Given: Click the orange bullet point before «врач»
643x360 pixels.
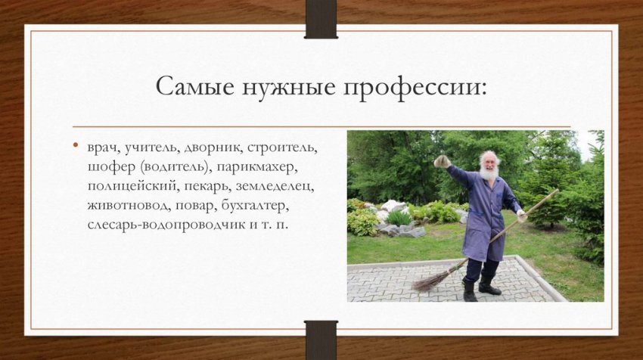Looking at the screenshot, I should tap(76, 145).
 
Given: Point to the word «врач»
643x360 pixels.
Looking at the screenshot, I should tap(101, 146).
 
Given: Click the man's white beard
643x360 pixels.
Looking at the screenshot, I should tap(489, 172).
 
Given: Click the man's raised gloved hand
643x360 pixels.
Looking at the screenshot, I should tap(442, 160).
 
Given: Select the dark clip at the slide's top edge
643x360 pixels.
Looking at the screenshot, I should tap(321, 20).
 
